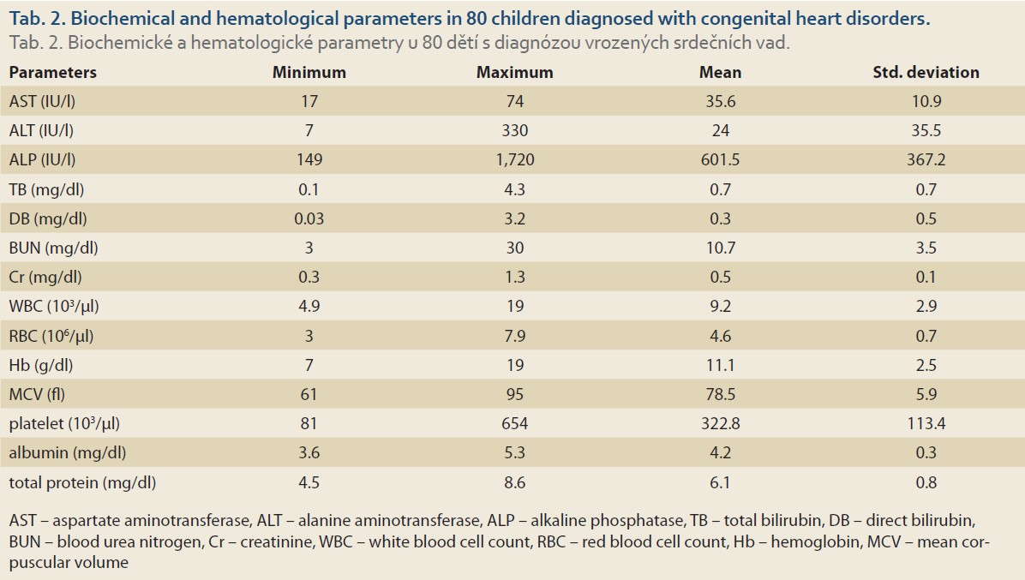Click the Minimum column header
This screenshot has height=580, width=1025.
click(309, 73)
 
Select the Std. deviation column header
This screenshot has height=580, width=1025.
click(926, 73)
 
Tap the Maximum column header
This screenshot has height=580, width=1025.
click(514, 73)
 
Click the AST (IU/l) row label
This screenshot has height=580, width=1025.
click(42, 101)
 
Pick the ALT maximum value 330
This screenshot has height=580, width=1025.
click(514, 130)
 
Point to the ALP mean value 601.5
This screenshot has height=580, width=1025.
click(720, 159)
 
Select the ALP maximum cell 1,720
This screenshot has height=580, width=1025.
click(514, 159)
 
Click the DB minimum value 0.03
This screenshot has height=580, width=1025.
click(309, 218)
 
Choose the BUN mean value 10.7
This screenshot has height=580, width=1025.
click(720, 248)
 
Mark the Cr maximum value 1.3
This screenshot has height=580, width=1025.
click(514, 277)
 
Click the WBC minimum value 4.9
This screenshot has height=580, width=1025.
click(309, 307)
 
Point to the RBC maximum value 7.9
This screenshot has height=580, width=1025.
click(514, 336)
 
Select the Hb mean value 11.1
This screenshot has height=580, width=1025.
click(720, 365)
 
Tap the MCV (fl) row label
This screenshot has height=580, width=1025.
click(37, 394)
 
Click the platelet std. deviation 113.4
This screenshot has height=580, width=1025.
click(926, 423)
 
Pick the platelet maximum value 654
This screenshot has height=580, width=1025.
click(514, 423)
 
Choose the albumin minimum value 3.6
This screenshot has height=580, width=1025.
click(309, 452)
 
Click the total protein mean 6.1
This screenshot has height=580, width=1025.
click(720, 482)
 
